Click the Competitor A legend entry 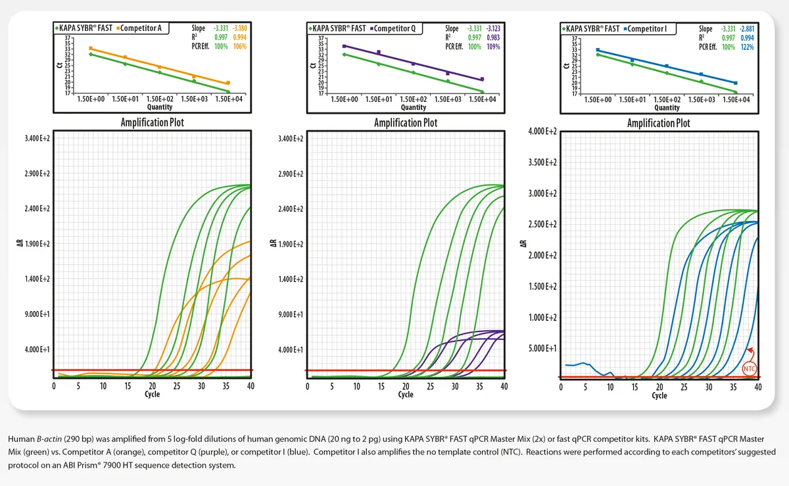(x=141, y=28)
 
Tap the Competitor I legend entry (x=649, y=28)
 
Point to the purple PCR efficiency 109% (x=492, y=46)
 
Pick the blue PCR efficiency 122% (x=746, y=46)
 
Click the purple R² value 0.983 (x=492, y=37)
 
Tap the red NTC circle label (x=749, y=369)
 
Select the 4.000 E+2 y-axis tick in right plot (x=542, y=132)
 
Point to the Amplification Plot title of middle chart (x=405, y=123)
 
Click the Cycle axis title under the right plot (x=659, y=395)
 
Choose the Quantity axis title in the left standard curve (x=160, y=107)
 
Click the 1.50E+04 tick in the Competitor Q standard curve (x=483, y=99)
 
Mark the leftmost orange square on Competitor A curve (x=91, y=49)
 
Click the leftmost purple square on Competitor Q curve (x=345, y=46)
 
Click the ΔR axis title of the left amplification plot (x=20, y=244)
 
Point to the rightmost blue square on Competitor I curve (x=735, y=83)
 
